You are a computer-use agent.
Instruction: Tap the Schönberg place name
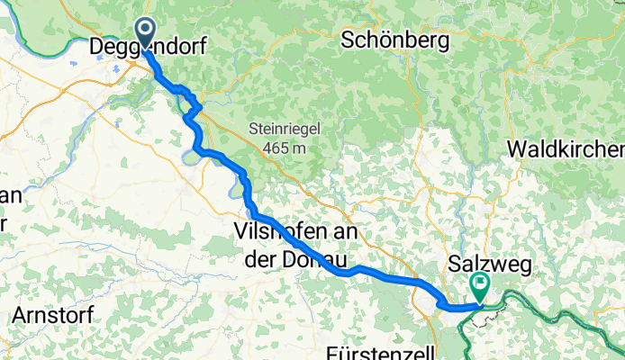[x=389, y=40]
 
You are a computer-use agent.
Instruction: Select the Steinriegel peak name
[x=285, y=129]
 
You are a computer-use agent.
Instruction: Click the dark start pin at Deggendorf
[x=144, y=32]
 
